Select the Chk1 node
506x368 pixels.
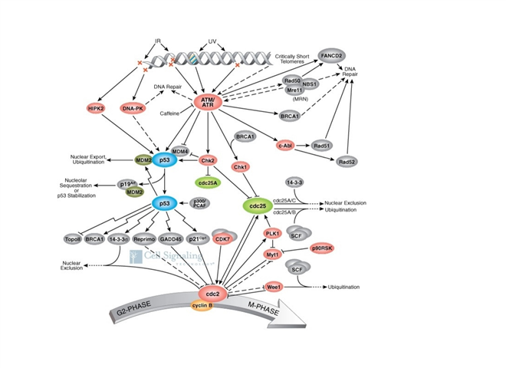click(241, 166)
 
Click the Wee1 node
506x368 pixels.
click(274, 287)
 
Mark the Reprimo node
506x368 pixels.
click(144, 239)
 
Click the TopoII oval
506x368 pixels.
click(73, 239)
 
